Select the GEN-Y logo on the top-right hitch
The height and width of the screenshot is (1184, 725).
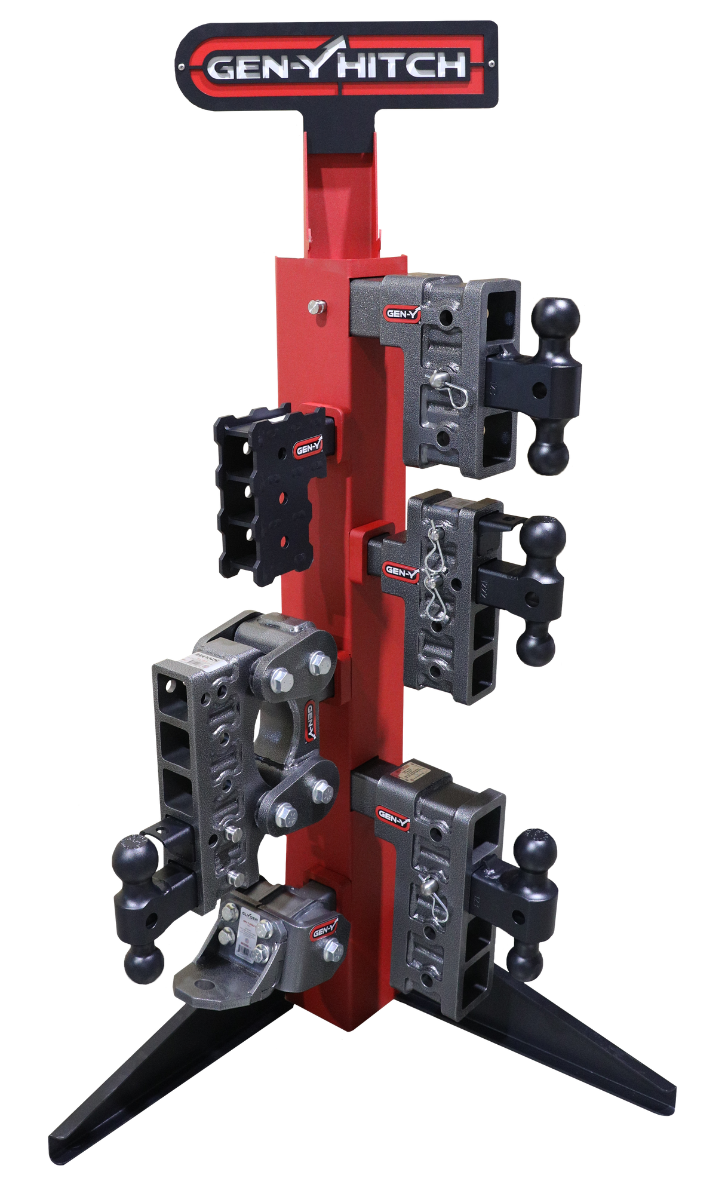click(398, 313)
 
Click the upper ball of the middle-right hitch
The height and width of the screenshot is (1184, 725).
click(542, 539)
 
